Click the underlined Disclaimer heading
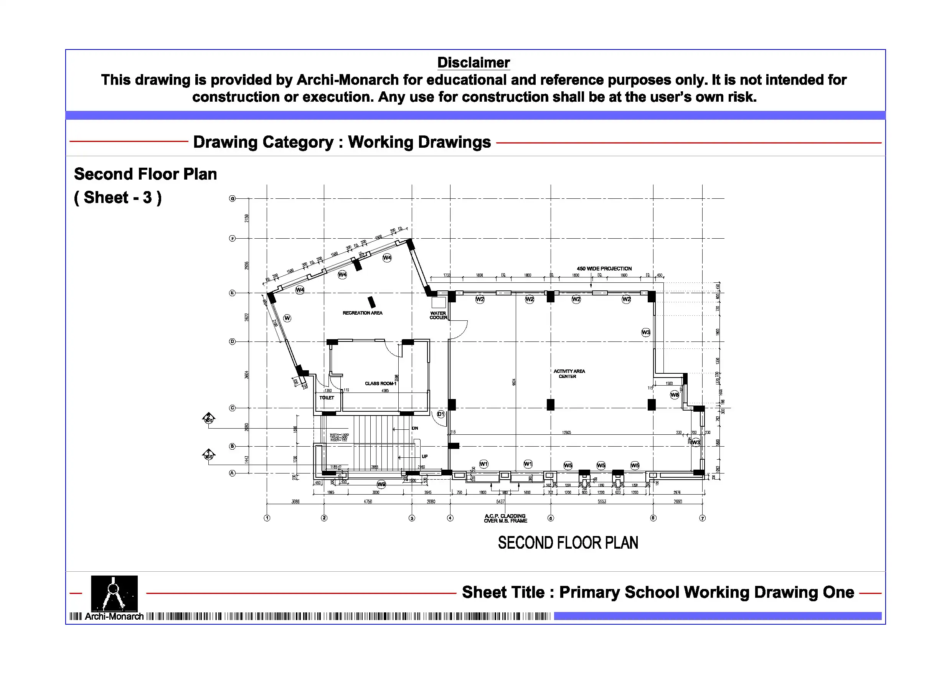474,63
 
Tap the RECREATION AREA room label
362,313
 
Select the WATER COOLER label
438,315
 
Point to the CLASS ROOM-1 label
380,384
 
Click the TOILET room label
327,398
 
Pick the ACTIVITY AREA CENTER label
569,374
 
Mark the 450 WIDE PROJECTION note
604,269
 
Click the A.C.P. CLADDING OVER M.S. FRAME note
505,518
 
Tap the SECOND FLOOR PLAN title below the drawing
568,543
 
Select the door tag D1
441,414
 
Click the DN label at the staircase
415,428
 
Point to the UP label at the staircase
425,457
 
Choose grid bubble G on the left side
232,199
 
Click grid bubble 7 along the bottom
702,518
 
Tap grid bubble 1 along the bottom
267,518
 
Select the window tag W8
675,395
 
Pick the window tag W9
381,484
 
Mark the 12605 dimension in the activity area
566,432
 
